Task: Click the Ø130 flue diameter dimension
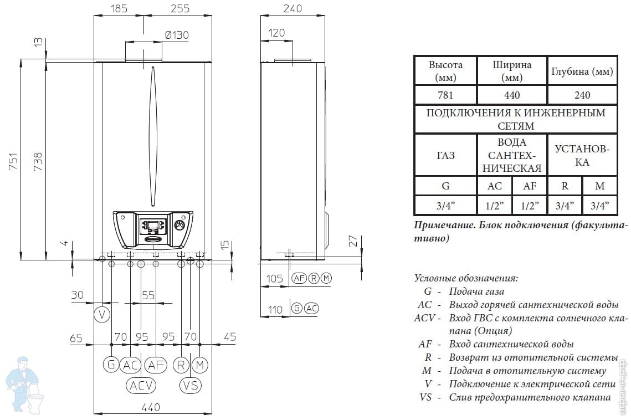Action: click(177, 35)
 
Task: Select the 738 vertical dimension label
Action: click(38, 161)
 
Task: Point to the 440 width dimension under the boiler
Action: click(151, 407)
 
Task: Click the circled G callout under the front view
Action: click(111, 365)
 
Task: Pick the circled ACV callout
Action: click(141, 385)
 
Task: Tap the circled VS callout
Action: click(191, 385)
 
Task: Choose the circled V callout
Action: click(101, 315)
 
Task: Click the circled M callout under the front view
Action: click(200, 365)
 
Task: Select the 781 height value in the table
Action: click(445, 95)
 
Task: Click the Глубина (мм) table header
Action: click(582, 71)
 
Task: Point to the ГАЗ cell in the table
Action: click(445, 156)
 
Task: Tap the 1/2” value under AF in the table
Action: click(530, 206)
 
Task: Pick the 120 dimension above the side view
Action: click(276, 33)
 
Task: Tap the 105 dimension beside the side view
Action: click(275, 278)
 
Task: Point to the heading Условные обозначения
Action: click(466, 278)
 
